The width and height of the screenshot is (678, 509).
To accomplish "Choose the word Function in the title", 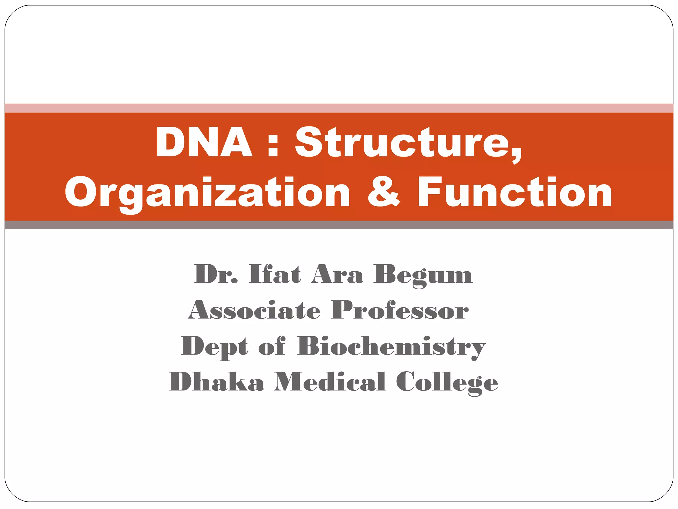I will (x=515, y=192).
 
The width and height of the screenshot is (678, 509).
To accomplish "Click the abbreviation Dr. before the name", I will (x=216, y=274).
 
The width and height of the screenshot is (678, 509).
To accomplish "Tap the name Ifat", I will (x=275, y=274).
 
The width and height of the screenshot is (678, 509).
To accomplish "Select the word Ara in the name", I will (x=337, y=274).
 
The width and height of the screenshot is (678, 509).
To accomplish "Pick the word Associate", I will (x=255, y=311).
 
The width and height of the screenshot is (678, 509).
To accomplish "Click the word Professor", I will (x=400, y=311).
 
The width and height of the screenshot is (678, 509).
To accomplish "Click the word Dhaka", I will (x=216, y=382).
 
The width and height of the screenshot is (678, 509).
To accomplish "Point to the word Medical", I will (x=330, y=382).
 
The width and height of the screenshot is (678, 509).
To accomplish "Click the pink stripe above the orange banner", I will (x=339, y=108).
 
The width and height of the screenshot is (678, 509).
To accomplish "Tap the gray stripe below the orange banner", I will (x=339, y=225).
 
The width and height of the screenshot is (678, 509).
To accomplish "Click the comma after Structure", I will (x=516, y=156).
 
